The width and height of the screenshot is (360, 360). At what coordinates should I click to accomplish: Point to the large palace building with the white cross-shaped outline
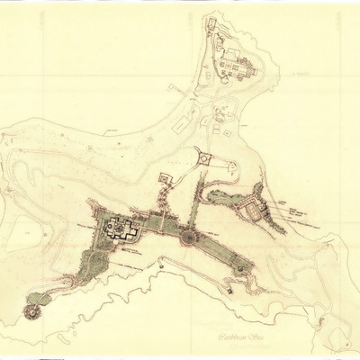point(118,229)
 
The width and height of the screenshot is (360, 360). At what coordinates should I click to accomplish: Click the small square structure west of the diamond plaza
point(165,177)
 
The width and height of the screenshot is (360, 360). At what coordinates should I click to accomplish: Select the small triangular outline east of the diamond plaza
point(231,167)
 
